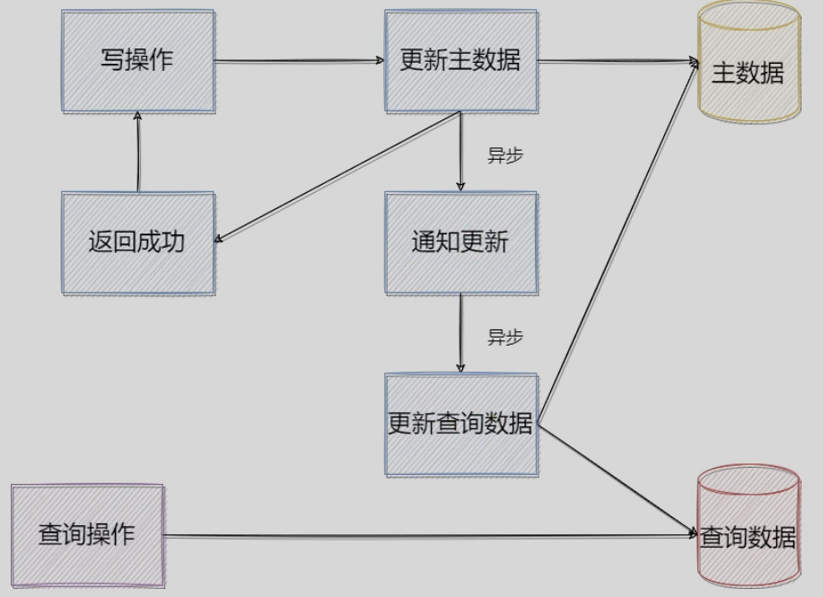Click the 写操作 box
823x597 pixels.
click(138, 61)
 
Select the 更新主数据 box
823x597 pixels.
click(460, 61)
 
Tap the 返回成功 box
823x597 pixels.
click(138, 242)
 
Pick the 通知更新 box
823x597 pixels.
click(460, 242)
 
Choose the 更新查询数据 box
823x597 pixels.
click(460, 424)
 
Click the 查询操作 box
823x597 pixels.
click(87, 536)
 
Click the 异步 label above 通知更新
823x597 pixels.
click(504, 154)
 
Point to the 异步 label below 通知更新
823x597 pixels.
click(504, 338)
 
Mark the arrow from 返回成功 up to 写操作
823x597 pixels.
click(138, 153)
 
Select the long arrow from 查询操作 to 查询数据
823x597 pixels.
click(431, 537)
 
